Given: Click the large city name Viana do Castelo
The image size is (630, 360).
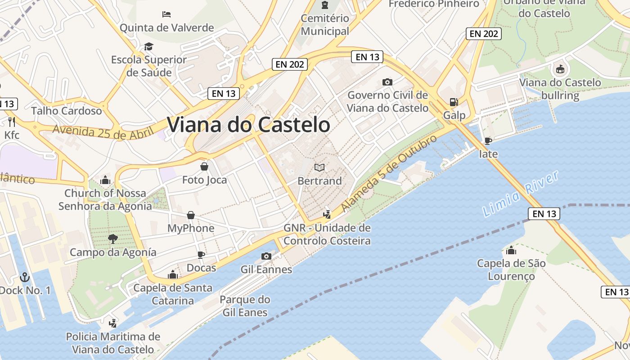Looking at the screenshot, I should coord(249,125).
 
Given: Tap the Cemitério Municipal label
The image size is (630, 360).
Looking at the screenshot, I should coord(325,25).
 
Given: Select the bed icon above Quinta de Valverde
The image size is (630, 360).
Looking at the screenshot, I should coord(166,14).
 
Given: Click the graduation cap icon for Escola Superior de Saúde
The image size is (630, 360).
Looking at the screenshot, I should coord(148,46).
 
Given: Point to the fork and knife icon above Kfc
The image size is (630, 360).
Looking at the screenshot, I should coord(12,121).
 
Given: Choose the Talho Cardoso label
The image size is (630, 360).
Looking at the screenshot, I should coord(67,111).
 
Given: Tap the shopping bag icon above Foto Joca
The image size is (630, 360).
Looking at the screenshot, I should coord(204,166).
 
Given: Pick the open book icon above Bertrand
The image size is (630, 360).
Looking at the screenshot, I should coord(319,167).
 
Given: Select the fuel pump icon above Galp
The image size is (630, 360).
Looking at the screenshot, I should coord(454,102).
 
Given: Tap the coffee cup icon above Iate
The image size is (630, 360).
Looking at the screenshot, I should coord(488,140).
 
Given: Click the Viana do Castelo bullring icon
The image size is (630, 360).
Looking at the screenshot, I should coord(560,69).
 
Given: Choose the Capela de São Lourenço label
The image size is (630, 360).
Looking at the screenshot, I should coord(511,269).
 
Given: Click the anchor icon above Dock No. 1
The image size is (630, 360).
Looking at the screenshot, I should coord(25,277).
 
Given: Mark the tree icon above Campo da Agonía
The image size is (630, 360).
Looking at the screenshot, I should coord(112,238).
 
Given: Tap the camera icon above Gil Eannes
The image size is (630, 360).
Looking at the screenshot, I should coord(266,256).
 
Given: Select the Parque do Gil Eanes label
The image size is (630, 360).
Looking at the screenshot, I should coord(245,306).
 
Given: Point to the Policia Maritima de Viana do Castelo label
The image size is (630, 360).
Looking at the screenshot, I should coord(113,342).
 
